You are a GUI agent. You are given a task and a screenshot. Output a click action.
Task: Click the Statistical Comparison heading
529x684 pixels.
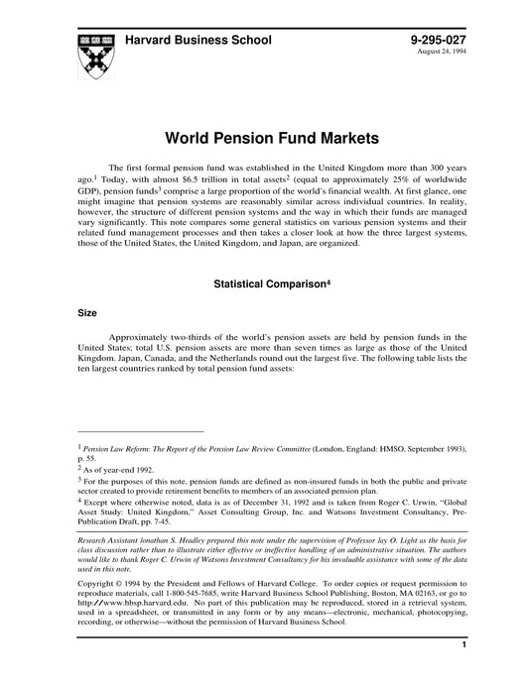click(264, 284)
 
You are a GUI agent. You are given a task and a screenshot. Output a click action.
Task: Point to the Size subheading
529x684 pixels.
click(87, 311)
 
